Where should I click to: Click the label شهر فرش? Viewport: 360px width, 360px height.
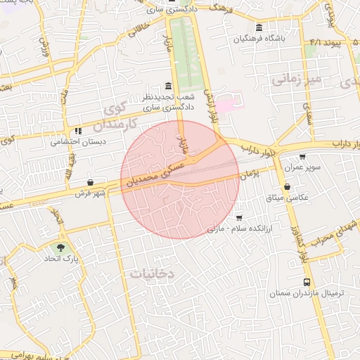[91, 193]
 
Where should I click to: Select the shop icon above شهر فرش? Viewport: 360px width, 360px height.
[91, 183]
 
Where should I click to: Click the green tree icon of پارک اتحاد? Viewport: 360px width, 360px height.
[60, 247]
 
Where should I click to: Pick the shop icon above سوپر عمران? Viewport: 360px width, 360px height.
[302, 157]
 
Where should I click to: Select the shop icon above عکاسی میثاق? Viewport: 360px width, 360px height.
[288, 186]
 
